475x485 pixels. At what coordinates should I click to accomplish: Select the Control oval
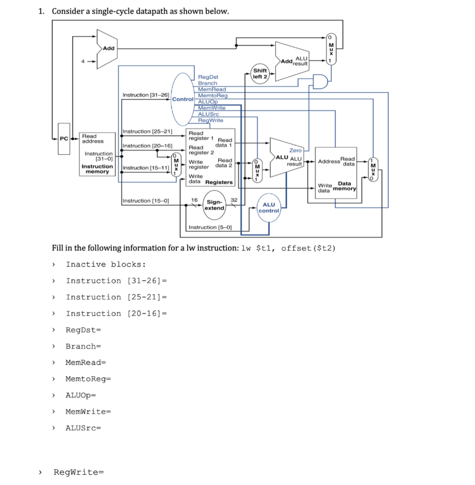click(x=183, y=99)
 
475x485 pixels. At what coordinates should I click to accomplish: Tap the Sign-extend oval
click(x=214, y=205)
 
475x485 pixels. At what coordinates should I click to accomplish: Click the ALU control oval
click(x=269, y=207)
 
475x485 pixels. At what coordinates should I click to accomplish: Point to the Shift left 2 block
click(x=260, y=74)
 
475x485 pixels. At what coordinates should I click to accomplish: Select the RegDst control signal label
click(x=208, y=76)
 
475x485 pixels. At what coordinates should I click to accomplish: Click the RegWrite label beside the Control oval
click(x=210, y=120)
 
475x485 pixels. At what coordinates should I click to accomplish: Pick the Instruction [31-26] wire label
click(x=145, y=95)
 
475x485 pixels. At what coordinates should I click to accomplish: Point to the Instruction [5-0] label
click(x=210, y=227)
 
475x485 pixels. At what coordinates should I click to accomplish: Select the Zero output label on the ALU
click(x=295, y=150)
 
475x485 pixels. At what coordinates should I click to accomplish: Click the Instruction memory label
click(x=97, y=169)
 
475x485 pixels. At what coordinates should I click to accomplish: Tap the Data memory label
click(x=344, y=186)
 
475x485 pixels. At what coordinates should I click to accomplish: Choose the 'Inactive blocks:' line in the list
click(x=106, y=264)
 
